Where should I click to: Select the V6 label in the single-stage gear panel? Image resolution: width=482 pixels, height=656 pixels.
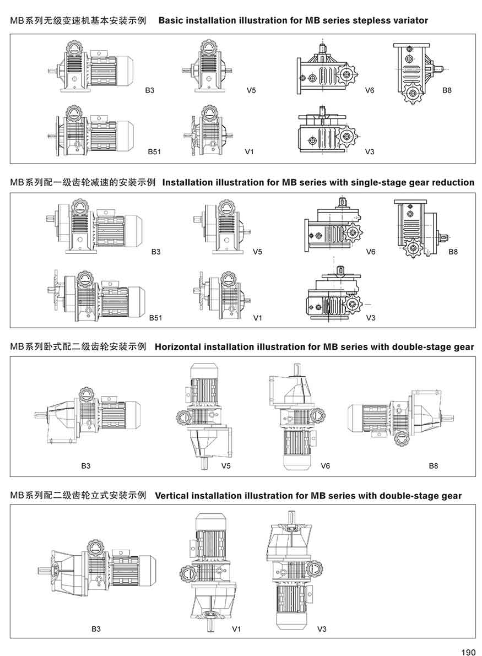pos(371,252)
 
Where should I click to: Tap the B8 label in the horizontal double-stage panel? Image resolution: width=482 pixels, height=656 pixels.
pos(434,466)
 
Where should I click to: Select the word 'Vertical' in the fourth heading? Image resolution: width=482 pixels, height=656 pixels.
pos(171,496)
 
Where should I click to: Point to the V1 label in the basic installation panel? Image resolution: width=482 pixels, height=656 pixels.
pos(250,151)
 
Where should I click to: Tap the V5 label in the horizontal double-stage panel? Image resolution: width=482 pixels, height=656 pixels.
pos(226,466)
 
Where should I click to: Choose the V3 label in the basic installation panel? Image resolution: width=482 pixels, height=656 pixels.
pos(370,151)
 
